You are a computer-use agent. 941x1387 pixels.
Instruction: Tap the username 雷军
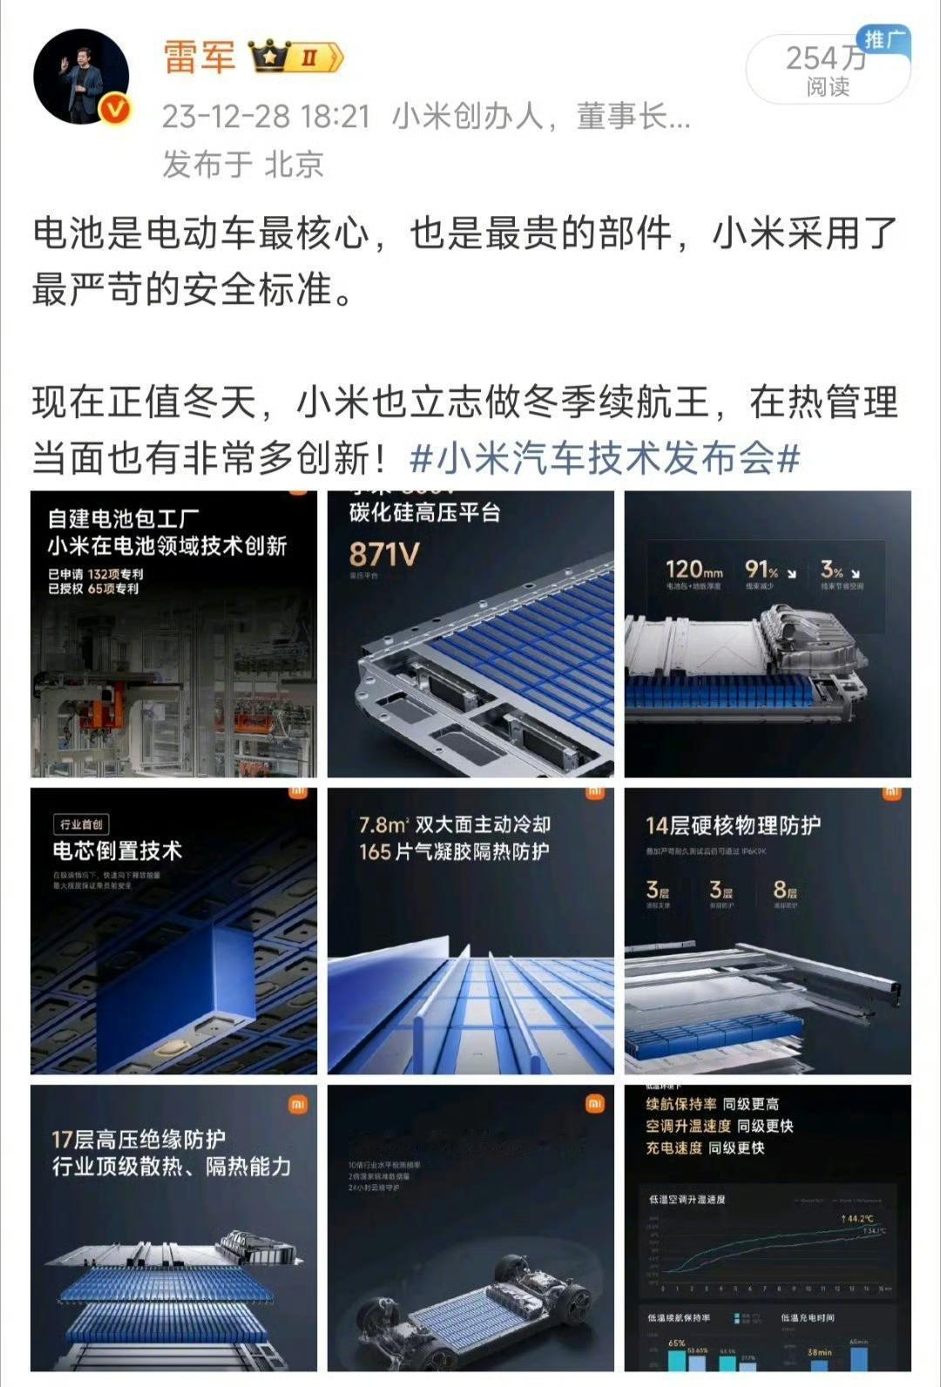200,58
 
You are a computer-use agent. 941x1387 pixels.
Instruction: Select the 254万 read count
825,59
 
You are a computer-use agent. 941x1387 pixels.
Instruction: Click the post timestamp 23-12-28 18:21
266,117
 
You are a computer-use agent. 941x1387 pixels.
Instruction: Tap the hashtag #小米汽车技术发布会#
604,457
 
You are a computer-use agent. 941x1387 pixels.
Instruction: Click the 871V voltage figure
384,554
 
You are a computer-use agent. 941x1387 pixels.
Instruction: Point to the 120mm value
694,570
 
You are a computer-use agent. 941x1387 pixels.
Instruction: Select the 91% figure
762,570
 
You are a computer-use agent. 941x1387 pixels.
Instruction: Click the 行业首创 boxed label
81,824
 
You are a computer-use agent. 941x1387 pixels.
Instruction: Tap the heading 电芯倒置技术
117,851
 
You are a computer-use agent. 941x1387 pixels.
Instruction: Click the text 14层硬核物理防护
733,825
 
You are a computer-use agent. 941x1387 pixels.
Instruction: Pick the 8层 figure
785,890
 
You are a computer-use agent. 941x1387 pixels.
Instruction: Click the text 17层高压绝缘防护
139,1139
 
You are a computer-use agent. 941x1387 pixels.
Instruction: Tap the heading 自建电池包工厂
124,518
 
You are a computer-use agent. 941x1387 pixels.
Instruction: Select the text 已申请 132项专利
96,574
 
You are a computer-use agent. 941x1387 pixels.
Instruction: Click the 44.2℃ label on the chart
857,1218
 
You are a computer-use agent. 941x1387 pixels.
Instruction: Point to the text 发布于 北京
243,164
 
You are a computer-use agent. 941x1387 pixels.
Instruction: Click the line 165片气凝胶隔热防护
454,851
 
